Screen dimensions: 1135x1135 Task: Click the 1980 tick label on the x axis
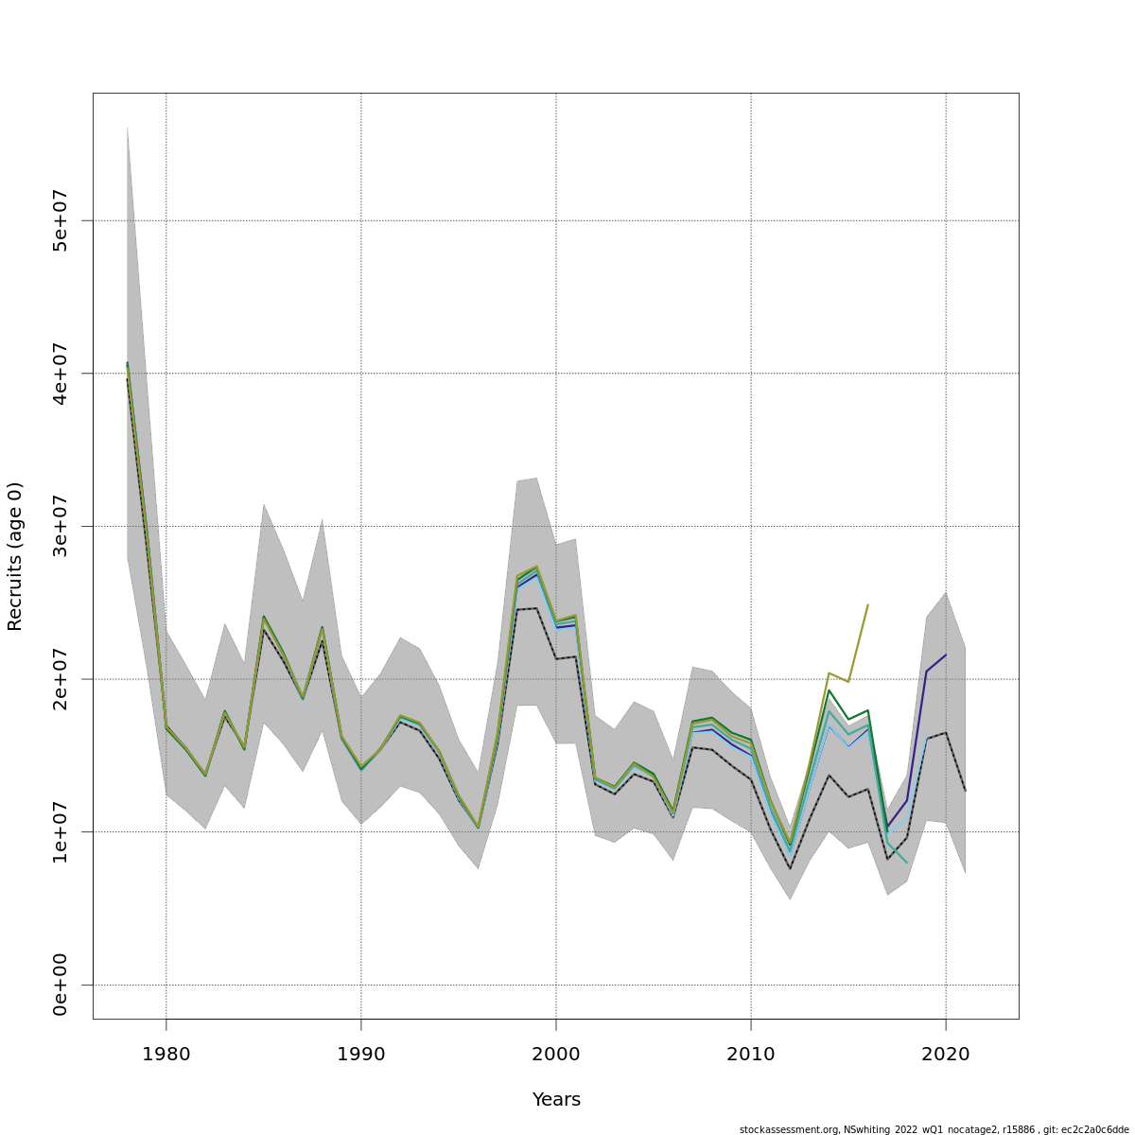[166, 1054]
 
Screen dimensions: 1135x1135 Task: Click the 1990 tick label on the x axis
[361, 1054]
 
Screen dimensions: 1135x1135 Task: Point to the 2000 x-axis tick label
[556, 1054]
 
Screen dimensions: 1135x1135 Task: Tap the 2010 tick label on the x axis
[751, 1054]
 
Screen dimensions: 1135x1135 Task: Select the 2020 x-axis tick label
[946, 1054]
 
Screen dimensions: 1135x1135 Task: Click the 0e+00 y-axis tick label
[60, 985]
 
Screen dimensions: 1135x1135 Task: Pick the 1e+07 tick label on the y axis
[60, 831]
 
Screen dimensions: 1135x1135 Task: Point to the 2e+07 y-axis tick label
[60, 679]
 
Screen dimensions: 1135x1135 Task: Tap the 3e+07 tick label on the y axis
[60, 526]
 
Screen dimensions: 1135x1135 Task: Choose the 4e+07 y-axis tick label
[60, 374]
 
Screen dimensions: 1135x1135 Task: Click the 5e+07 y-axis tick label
[60, 220]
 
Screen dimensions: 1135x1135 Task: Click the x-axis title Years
[556, 1100]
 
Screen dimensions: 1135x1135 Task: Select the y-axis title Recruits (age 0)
[15, 556]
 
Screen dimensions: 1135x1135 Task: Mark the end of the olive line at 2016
[868, 604]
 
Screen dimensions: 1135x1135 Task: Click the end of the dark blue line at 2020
[946, 655]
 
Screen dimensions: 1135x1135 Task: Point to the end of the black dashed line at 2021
[965, 791]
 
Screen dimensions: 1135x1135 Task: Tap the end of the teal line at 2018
[907, 863]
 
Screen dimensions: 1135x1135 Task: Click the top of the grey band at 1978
[127, 126]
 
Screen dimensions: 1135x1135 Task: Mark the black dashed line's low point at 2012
[790, 868]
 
